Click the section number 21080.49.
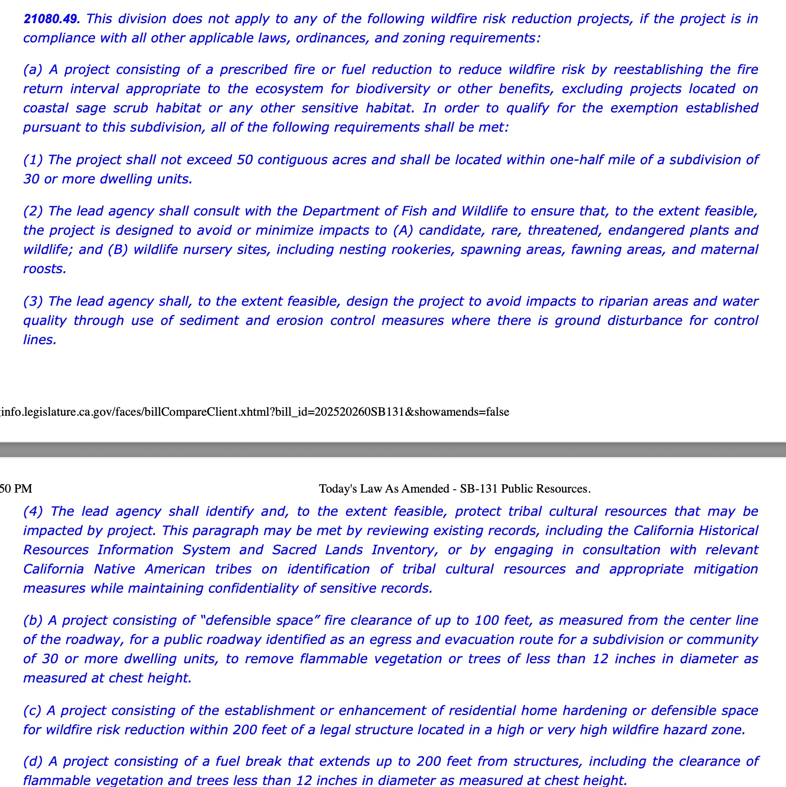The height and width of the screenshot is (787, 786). (x=51, y=19)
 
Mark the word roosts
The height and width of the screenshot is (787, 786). (x=44, y=269)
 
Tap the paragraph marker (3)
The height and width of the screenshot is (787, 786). (x=33, y=301)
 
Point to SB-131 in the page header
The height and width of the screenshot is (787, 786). (x=478, y=489)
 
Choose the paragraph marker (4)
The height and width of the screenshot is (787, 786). (x=34, y=511)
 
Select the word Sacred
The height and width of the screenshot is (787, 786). (x=294, y=550)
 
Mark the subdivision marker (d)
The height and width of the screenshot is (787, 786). (x=33, y=761)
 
